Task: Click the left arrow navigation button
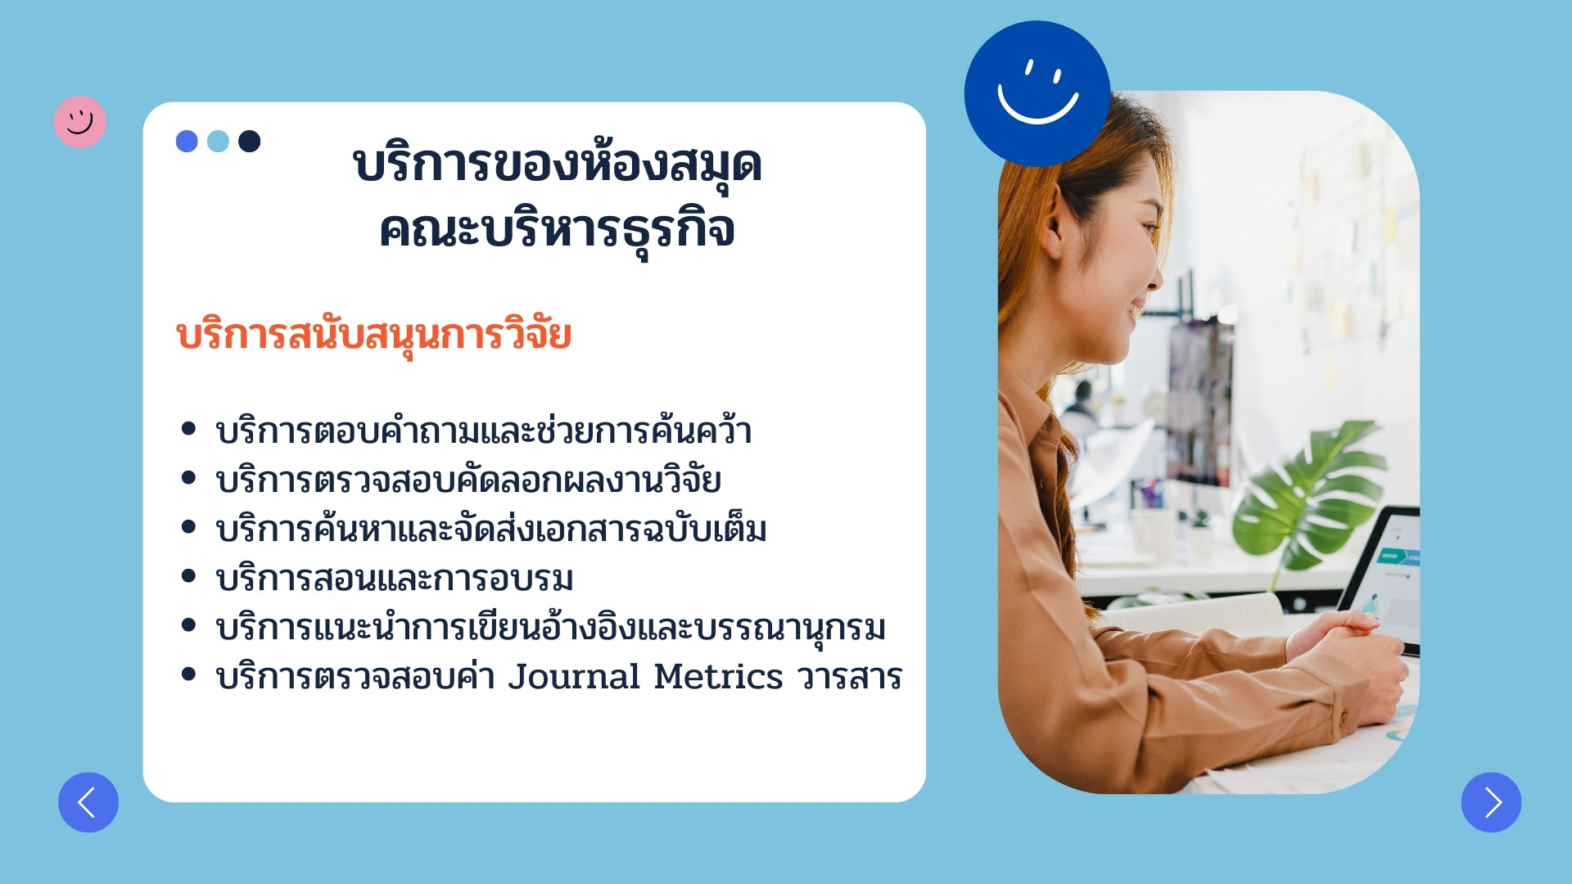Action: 88,802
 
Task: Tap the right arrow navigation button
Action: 1491,802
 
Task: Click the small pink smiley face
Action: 79,122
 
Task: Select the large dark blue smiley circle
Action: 1037,93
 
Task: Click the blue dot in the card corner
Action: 187,142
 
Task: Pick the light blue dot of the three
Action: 218,142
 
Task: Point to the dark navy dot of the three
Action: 249,142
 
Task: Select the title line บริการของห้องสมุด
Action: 558,166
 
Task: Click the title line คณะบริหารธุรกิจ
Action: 557,231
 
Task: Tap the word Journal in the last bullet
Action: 574,677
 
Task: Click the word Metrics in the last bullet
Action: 718,677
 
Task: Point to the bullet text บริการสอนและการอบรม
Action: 394,579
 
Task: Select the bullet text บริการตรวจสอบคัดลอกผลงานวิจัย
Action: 468,480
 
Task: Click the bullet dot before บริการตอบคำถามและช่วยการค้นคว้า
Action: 188,428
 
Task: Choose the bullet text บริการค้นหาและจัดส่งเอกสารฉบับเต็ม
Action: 491,529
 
